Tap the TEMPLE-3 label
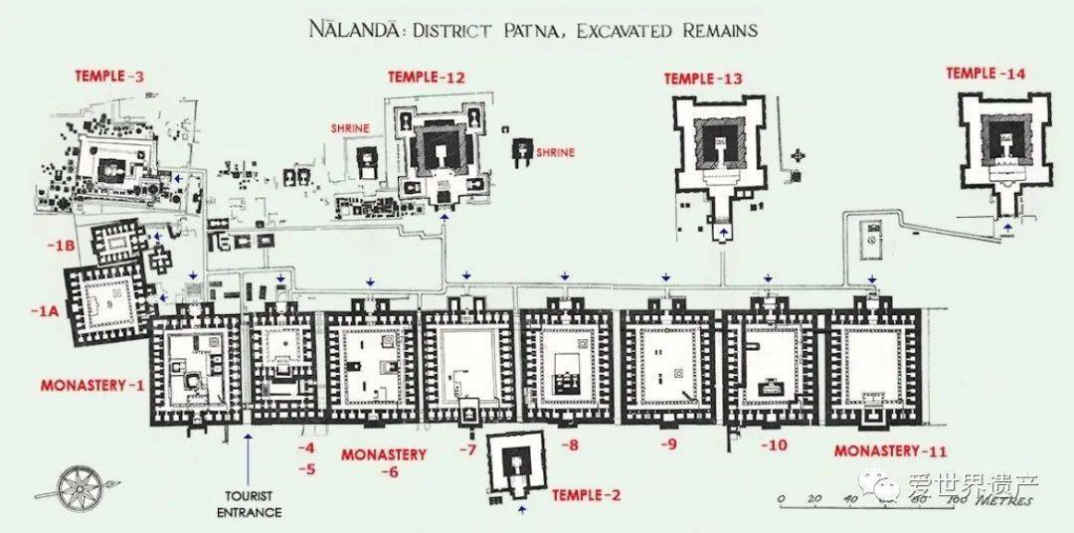pos(109,76)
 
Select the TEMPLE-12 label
pos(427,77)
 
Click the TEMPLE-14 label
pos(984,73)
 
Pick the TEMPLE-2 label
pos(586,494)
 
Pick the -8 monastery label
pos(569,445)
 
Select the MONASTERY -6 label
pos(383,462)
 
